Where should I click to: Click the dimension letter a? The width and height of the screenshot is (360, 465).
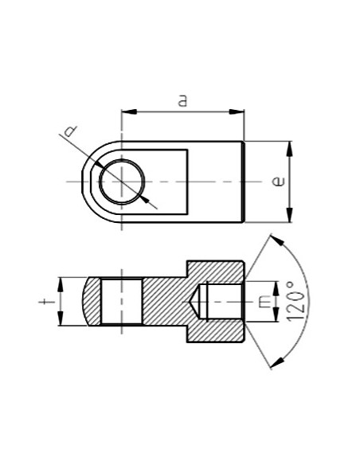[x=182, y=101]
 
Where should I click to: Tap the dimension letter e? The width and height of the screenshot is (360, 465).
[x=276, y=182]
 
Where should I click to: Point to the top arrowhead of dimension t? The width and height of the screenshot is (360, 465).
[x=61, y=281]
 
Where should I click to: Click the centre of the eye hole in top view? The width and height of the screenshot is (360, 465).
[x=121, y=182]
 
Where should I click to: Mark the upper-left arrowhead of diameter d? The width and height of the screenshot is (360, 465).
[x=98, y=163]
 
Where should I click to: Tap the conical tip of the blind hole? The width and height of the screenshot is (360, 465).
[x=193, y=301]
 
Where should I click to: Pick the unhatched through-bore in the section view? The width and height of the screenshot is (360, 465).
[x=121, y=300]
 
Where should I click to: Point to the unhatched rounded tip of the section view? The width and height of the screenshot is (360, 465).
[x=91, y=300]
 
